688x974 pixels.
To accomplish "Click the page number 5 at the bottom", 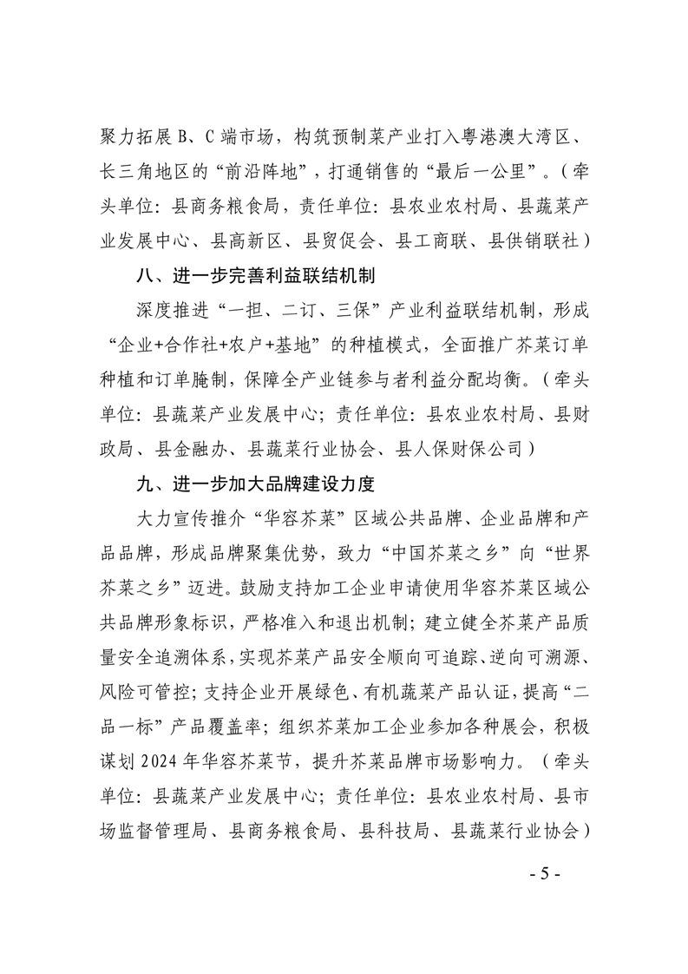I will tap(545, 873).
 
